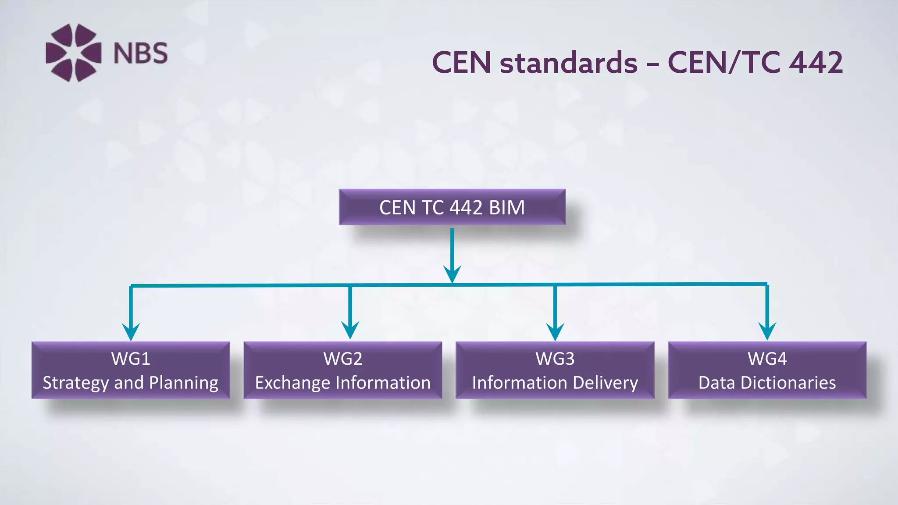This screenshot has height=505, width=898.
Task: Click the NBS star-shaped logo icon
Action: (x=73, y=53)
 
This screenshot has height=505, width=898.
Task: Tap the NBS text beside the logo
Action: (x=140, y=53)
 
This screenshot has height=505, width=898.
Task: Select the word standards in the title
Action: (x=569, y=62)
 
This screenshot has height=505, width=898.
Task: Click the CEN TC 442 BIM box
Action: (x=452, y=207)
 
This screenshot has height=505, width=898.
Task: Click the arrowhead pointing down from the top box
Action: (x=452, y=274)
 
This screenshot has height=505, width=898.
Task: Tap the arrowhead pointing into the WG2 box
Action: (x=350, y=330)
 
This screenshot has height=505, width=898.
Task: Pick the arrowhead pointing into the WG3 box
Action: (x=555, y=331)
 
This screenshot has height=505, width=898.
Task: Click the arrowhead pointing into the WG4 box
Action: (x=767, y=331)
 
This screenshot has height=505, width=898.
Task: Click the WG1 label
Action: (x=131, y=359)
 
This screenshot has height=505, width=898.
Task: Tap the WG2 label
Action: (x=343, y=359)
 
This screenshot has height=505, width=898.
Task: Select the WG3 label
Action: (x=555, y=359)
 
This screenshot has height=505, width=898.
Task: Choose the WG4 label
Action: (x=767, y=359)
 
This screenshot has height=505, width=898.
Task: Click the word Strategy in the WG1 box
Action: (x=75, y=383)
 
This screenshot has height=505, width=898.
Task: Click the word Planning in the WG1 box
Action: (x=183, y=383)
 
